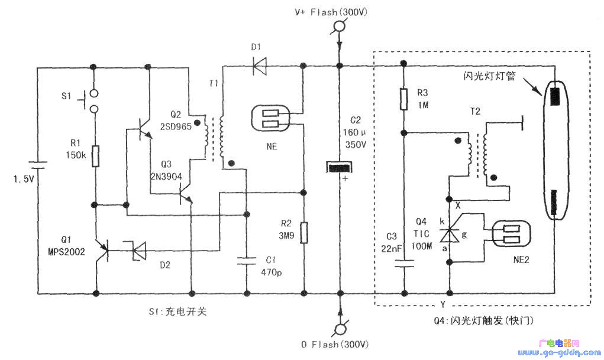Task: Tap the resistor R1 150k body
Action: coord(95,157)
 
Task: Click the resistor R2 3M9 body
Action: coord(303,232)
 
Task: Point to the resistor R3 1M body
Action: coord(403,99)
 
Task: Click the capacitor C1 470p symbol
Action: coord(246,261)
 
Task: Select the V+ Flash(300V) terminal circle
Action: coord(339,26)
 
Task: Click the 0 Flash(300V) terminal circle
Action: coord(339,328)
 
